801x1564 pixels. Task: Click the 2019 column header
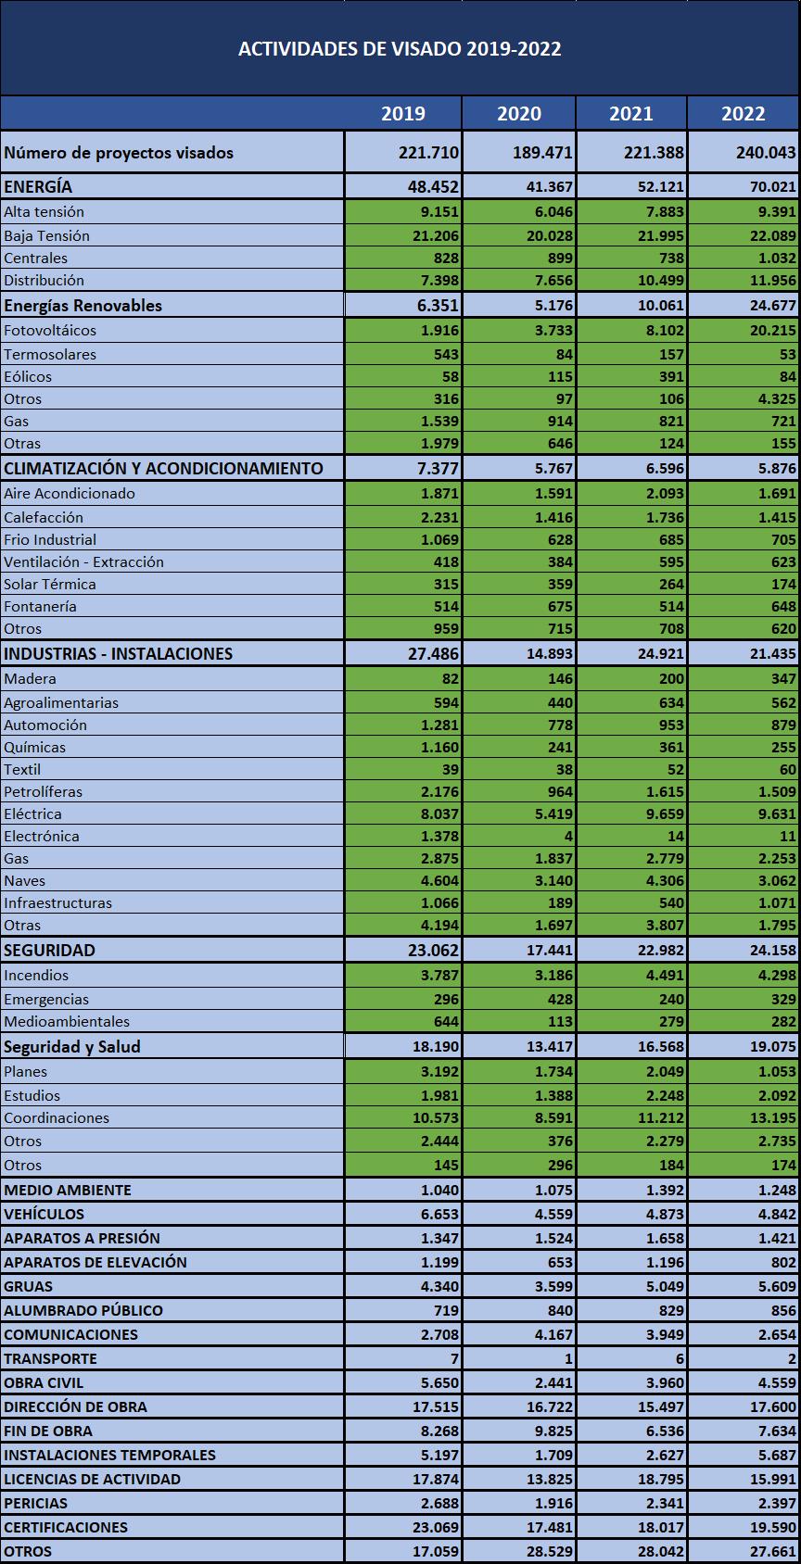[403, 113]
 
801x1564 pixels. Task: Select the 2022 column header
[744, 113]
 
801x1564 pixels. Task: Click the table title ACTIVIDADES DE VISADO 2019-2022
[400, 49]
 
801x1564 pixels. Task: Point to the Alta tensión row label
[44, 212]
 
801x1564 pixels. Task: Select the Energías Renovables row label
[83, 306]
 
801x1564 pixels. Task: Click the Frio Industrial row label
[50, 540]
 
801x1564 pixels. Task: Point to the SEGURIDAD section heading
[49, 951]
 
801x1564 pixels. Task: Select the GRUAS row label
[29, 1287]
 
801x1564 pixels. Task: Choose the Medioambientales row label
[67, 1022]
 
